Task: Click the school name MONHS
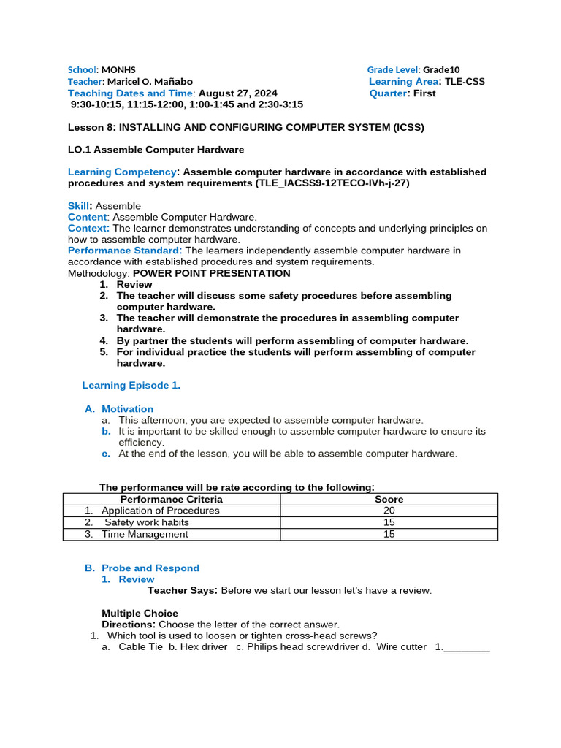[118, 69]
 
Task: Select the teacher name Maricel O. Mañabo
[150, 81]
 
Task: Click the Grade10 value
[444, 69]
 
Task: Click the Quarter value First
[424, 93]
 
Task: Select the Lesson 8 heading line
[245, 126]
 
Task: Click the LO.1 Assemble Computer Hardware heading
[156, 149]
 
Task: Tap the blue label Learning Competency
[122, 172]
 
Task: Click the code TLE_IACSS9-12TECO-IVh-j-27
[332, 183]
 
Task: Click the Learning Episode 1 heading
[131, 385]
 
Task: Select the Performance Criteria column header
[171, 499]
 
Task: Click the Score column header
[389, 499]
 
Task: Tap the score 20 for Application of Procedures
[389, 511]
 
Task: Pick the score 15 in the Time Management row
[389, 534]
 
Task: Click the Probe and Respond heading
[150, 568]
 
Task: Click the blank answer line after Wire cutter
[466, 647]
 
